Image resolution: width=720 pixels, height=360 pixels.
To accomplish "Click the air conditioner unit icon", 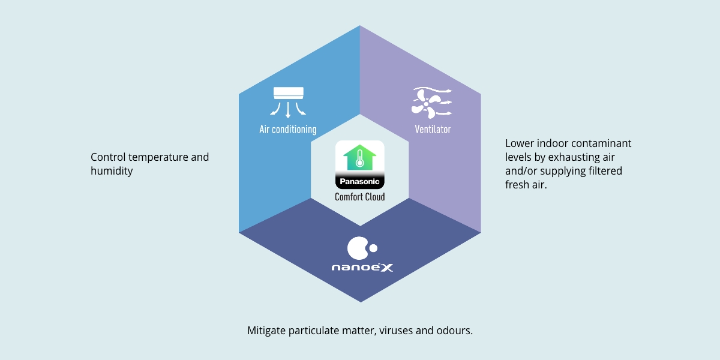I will point(289,92).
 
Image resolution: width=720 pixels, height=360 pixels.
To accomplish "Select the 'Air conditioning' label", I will point(288,130).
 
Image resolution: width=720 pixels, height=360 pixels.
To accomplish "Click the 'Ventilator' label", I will point(432,130).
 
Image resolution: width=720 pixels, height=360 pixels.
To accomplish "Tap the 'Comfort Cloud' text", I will point(359,197).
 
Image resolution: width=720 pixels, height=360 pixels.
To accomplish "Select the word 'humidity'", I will point(112,171).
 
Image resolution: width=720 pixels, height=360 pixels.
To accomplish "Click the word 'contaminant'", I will point(602,144).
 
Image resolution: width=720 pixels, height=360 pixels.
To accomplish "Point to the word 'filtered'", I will point(602,171).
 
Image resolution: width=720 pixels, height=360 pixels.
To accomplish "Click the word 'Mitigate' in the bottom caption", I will point(266,331).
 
